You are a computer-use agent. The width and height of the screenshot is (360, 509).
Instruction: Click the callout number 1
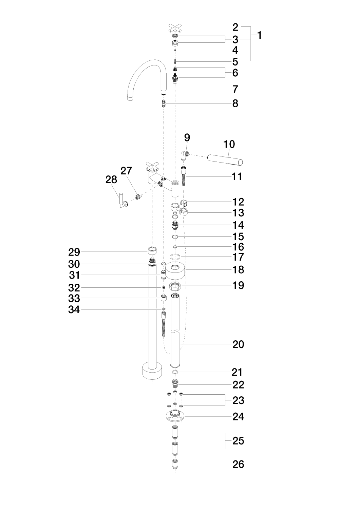[259, 35]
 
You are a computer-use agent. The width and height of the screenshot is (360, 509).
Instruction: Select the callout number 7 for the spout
[235, 89]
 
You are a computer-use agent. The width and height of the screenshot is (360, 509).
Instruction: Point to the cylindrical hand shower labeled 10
[225, 159]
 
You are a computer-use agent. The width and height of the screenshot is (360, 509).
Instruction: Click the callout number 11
[237, 176]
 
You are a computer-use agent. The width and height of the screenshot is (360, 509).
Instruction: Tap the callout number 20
[238, 344]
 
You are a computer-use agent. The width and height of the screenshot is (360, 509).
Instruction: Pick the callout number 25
[238, 441]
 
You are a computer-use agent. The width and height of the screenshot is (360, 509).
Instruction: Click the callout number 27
[126, 171]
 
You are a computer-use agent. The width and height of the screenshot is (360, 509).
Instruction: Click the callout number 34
[74, 309]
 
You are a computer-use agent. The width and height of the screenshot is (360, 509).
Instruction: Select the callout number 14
[238, 225]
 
